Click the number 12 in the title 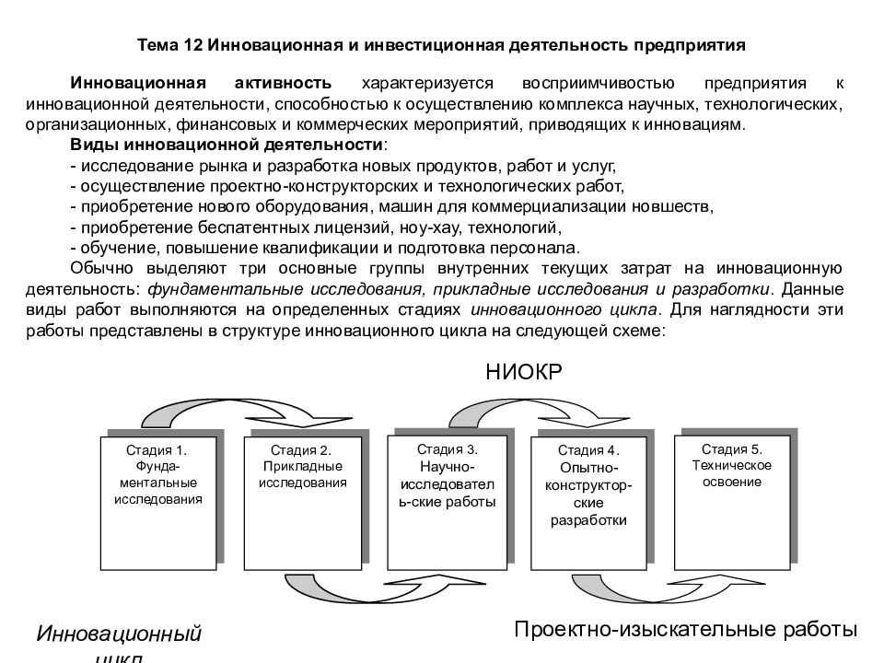point(192,45)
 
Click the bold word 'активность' point(283,83)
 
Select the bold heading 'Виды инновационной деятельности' point(227,145)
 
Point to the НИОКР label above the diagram point(524,372)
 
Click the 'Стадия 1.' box point(158,503)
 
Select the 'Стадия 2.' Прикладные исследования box point(303,503)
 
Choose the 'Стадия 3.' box point(448,503)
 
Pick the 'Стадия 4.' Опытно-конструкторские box point(588,503)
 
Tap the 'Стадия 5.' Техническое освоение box point(732,503)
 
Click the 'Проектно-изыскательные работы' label point(685,629)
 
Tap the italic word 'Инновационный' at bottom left point(119,634)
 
